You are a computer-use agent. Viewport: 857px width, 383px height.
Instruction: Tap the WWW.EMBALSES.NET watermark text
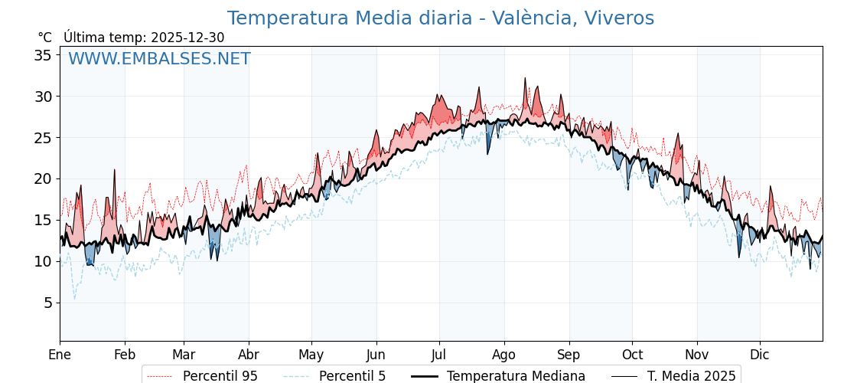click(159, 59)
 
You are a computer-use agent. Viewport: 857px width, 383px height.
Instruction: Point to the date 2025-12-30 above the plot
click(187, 38)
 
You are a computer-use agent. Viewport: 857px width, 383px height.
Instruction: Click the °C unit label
click(45, 38)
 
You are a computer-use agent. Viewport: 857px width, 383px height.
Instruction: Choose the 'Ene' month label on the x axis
click(60, 355)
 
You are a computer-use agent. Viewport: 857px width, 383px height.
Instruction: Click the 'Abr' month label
click(249, 355)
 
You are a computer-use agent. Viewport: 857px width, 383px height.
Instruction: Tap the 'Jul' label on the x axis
click(439, 355)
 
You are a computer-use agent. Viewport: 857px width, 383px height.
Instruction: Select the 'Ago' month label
click(504, 355)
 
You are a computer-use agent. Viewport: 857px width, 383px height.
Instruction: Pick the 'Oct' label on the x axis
click(632, 355)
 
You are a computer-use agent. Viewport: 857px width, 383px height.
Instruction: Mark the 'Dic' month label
click(760, 355)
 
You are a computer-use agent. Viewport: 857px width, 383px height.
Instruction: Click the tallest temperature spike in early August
click(525, 79)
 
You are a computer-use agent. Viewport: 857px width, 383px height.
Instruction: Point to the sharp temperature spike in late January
click(114, 171)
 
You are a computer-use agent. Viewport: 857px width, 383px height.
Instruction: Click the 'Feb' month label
click(125, 355)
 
